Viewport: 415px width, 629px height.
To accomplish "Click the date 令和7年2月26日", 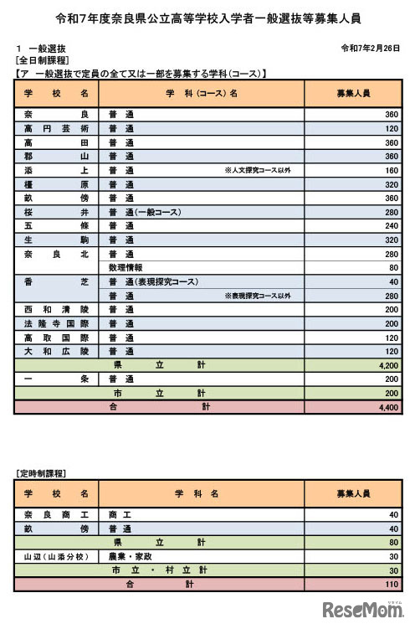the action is [x=371, y=49].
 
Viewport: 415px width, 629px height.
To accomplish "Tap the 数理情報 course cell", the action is [x=127, y=267].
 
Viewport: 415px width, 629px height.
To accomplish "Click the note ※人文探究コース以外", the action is [x=258, y=170].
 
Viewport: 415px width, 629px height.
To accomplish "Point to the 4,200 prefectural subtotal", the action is [x=387, y=365].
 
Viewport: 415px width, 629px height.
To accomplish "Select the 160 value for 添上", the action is [x=391, y=170].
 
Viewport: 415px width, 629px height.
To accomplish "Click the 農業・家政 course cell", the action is [x=131, y=555].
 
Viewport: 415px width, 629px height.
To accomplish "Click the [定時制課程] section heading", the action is [x=42, y=473].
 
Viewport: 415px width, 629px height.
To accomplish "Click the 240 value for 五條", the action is [x=391, y=225].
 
